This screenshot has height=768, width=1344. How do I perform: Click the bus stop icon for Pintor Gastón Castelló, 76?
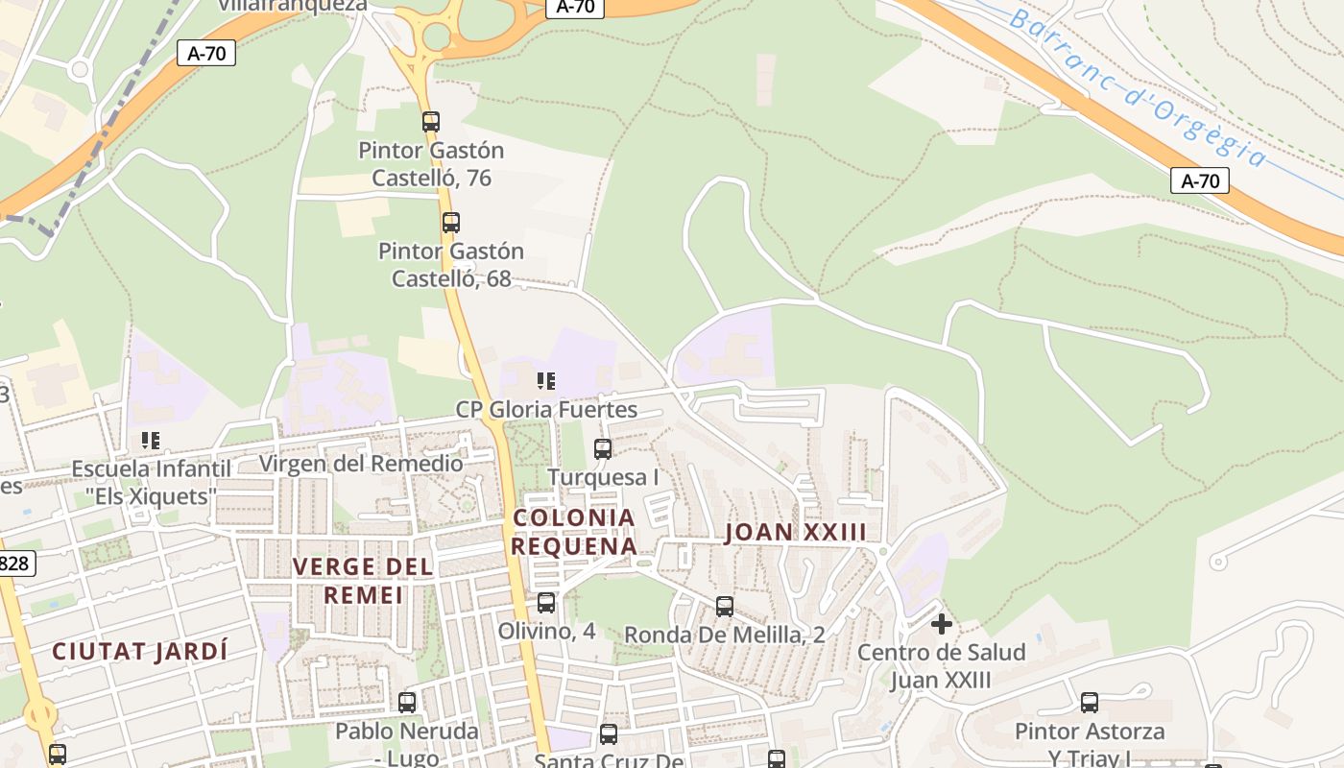point(431,122)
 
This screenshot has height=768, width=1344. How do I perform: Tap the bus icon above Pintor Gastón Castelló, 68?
point(451,223)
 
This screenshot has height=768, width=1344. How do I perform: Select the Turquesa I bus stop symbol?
point(603,448)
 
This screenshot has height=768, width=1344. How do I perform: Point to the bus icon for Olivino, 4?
point(546,603)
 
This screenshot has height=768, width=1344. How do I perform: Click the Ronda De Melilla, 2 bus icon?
point(725,607)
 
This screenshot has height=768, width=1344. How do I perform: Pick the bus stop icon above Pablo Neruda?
point(407,703)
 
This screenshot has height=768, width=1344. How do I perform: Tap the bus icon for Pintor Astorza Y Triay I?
point(1090,703)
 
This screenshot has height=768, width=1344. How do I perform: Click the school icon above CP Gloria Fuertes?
point(546,381)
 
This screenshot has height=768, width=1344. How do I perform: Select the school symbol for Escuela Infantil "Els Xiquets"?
point(151,441)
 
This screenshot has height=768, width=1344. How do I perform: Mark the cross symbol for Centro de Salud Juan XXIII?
point(942,624)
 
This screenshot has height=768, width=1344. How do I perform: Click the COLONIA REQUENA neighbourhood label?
point(574,532)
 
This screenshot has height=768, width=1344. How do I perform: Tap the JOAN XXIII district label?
point(796,532)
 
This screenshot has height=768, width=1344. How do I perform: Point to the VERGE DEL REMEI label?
point(363,581)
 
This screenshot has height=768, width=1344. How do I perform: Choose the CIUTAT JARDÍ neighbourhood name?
point(140,651)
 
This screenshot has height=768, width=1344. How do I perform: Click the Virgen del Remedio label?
point(361,464)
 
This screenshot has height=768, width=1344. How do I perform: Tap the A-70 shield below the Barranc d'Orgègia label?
point(1200,180)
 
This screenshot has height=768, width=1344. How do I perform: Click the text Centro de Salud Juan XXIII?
point(942,666)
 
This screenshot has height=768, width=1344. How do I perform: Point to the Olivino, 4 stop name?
point(546,632)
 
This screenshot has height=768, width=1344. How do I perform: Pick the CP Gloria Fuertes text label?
point(546,410)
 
